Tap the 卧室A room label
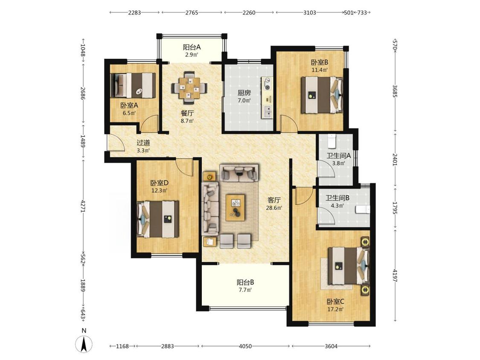129,106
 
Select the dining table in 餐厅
189,87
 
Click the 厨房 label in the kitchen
244,93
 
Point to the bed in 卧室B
321,95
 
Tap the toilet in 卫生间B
363,210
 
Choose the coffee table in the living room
235,207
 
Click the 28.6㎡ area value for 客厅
274,208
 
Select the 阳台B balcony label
245,282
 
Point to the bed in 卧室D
158,219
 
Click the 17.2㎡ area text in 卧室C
335,309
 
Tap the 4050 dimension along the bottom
245,346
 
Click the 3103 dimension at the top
309,12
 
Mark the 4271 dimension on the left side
83,207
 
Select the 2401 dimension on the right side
395,159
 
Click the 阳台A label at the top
192,47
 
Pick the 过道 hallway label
143,142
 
